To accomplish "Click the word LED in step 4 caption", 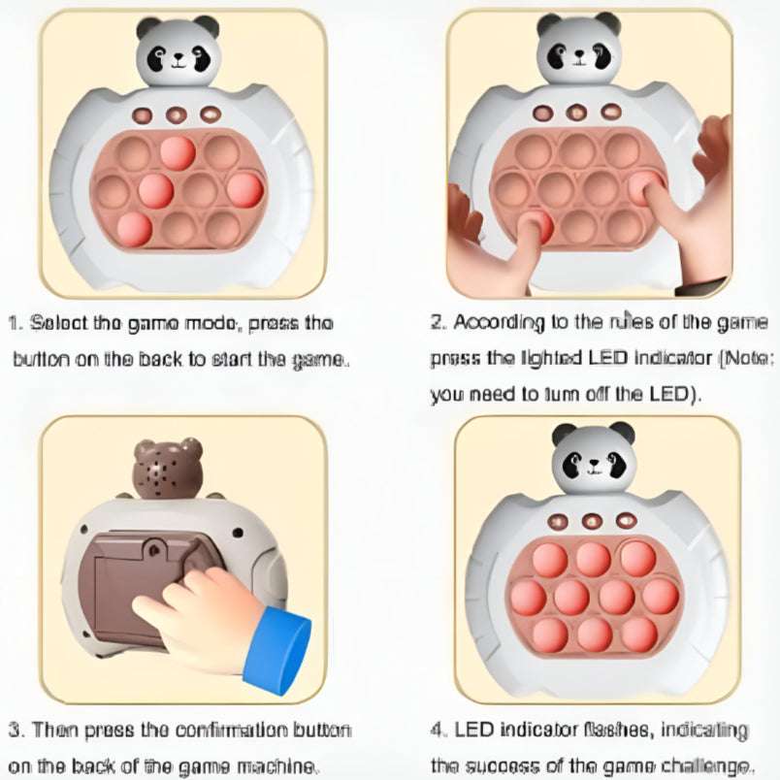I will pyautogui.click(x=471, y=729).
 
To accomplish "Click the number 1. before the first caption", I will pyautogui.click(x=16, y=322).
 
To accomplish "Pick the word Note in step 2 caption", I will pyautogui.click(x=751, y=358).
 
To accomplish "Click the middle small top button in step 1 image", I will pyautogui.click(x=176, y=114).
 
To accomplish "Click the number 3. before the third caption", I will pyautogui.click(x=16, y=729).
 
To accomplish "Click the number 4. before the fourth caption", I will pyautogui.click(x=437, y=729).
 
